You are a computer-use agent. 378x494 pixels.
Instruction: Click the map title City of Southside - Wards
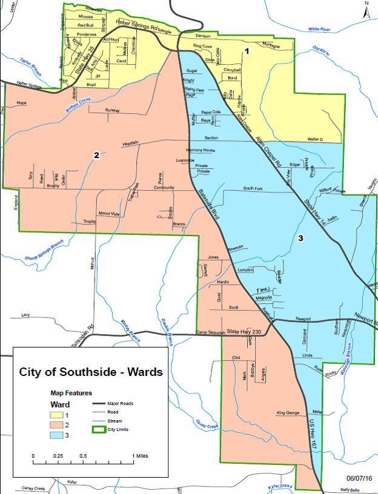[x=91, y=372]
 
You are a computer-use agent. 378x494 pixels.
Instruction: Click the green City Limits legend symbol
[x=100, y=429]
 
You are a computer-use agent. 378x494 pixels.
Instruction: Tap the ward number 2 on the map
[x=96, y=156]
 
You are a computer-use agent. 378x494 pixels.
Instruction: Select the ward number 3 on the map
[x=300, y=239]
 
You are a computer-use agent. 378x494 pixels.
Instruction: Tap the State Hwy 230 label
[x=242, y=331]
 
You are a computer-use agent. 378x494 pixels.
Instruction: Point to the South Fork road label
[x=253, y=189]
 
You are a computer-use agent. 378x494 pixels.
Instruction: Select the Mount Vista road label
[x=110, y=213]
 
